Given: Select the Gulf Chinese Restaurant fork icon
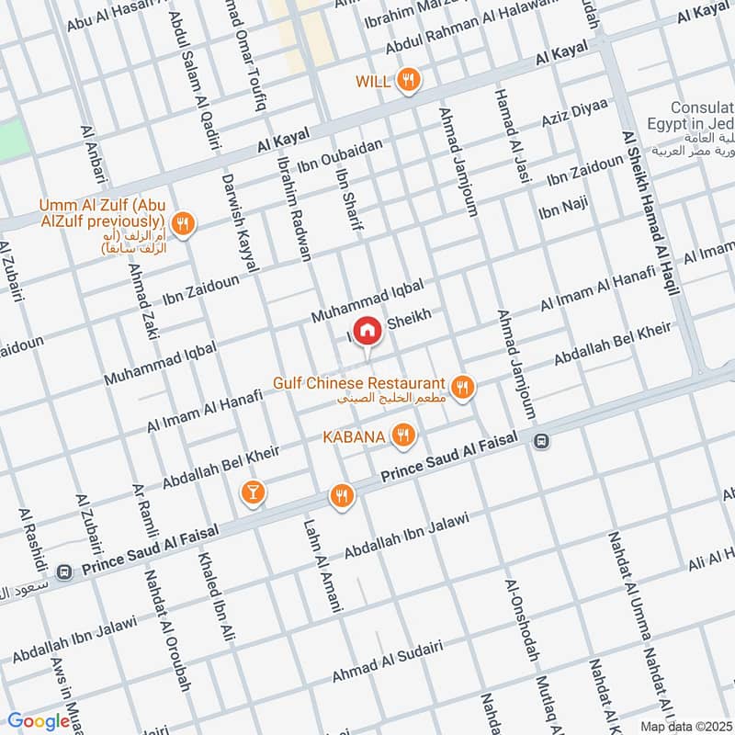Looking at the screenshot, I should click(463, 388).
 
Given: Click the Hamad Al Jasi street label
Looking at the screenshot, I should click(511, 138).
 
